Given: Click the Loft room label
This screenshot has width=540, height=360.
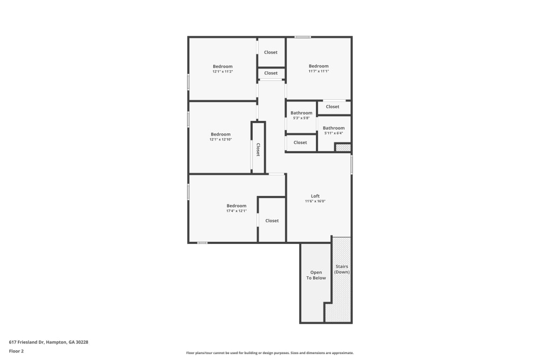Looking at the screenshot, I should (x=315, y=196).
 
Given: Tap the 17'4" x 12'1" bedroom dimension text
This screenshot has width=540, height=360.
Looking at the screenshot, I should (x=237, y=211).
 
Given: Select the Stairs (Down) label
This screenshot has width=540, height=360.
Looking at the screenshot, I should (x=342, y=269).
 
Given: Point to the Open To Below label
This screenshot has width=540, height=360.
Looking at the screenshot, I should (x=316, y=275).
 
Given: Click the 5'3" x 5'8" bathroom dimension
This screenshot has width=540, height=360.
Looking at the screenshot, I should (x=301, y=118).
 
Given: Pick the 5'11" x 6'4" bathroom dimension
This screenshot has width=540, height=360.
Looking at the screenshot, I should (x=334, y=133).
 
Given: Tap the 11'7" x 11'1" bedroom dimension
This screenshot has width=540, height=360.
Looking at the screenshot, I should (x=319, y=71).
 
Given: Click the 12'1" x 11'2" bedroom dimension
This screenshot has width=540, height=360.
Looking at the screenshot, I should (x=222, y=71).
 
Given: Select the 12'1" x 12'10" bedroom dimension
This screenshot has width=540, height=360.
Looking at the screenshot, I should (x=220, y=139).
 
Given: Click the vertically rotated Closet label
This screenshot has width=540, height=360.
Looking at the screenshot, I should (x=258, y=150).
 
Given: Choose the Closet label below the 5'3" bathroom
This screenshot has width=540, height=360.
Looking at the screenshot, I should (x=300, y=142).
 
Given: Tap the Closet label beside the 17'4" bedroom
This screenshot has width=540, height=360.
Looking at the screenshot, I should (x=272, y=221).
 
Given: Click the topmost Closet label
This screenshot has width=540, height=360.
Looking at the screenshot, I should (x=271, y=52).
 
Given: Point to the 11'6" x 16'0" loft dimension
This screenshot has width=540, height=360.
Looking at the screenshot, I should (x=315, y=201).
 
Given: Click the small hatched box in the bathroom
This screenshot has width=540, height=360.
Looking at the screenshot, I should (x=343, y=147).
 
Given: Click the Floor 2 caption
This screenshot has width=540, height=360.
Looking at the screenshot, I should (x=16, y=351).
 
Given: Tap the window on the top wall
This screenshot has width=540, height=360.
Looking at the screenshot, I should (x=302, y=37).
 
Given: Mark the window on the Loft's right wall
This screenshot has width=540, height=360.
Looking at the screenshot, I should (x=352, y=165).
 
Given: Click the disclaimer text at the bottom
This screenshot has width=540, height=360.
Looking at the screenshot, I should (x=270, y=353).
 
